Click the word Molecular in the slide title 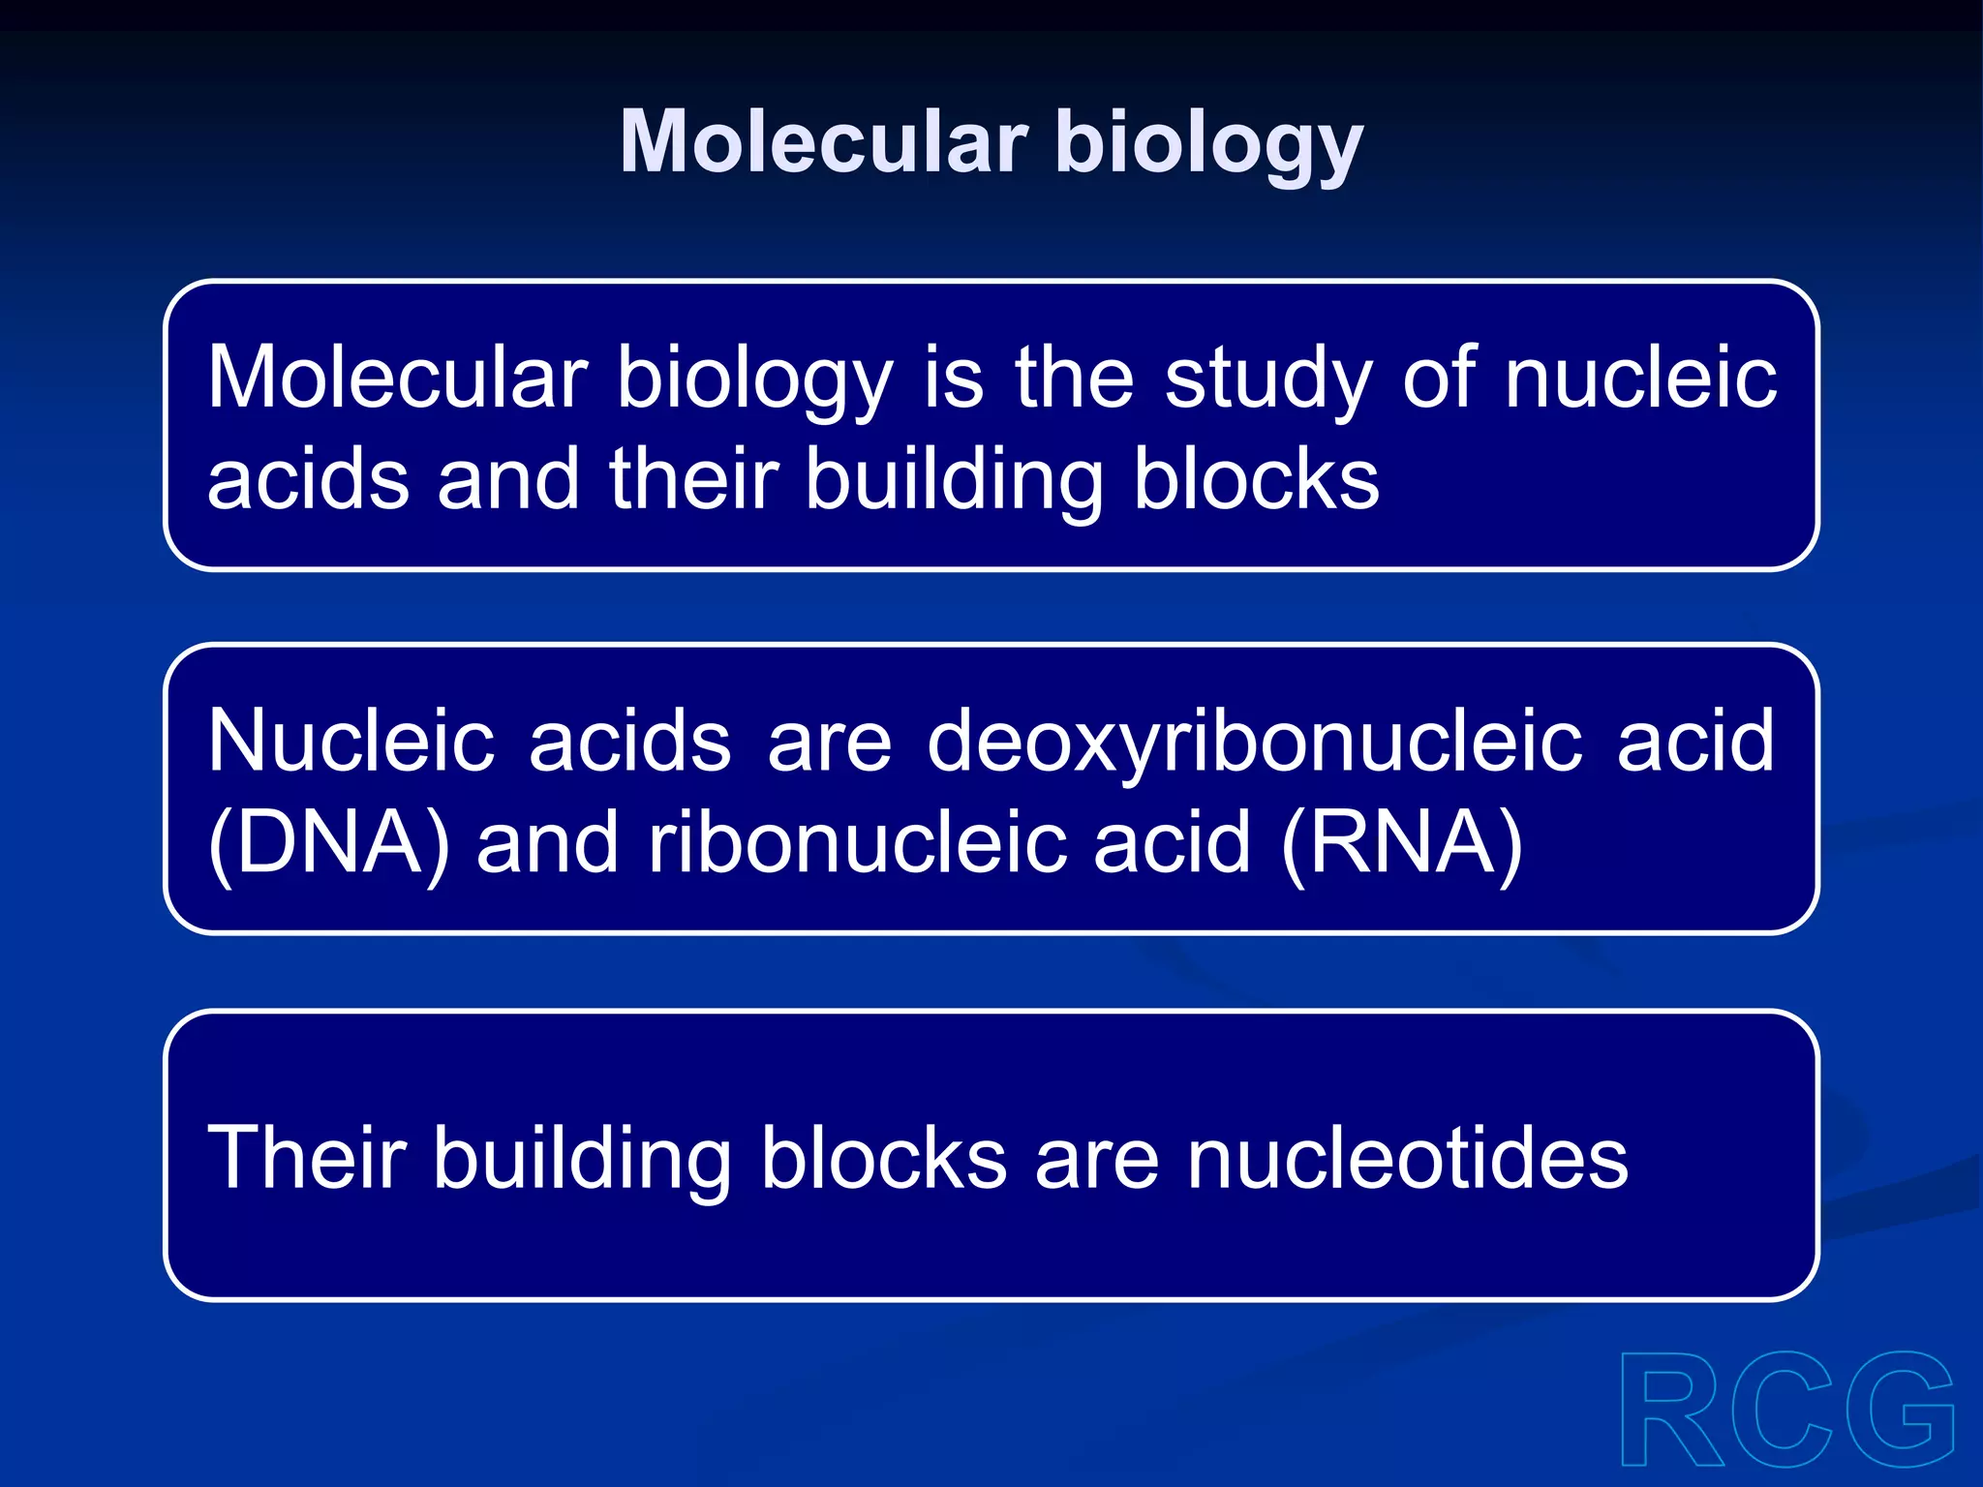pyautogui.click(x=823, y=142)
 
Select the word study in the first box pyautogui.click(x=1268, y=380)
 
